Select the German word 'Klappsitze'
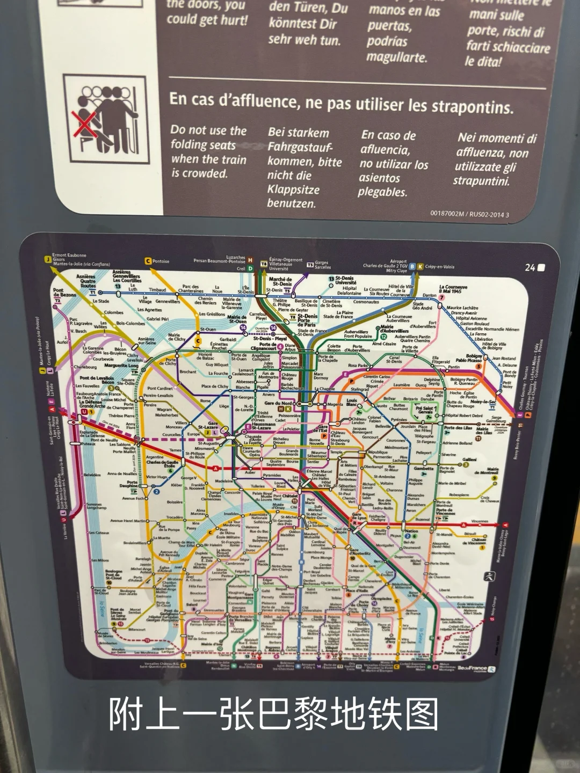(x=293, y=189)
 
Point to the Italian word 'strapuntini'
(x=481, y=181)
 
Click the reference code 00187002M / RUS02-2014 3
(x=469, y=214)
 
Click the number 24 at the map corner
(x=530, y=267)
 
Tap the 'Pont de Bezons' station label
(x=64, y=293)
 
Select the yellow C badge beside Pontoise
(x=148, y=261)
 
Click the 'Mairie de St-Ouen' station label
(x=237, y=319)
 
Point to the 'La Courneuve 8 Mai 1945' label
(x=453, y=289)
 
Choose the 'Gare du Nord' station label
(x=279, y=403)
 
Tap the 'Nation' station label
(x=411, y=531)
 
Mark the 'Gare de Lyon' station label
(x=359, y=517)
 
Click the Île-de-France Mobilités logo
(x=476, y=669)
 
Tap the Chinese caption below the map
(x=274, y=714)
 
